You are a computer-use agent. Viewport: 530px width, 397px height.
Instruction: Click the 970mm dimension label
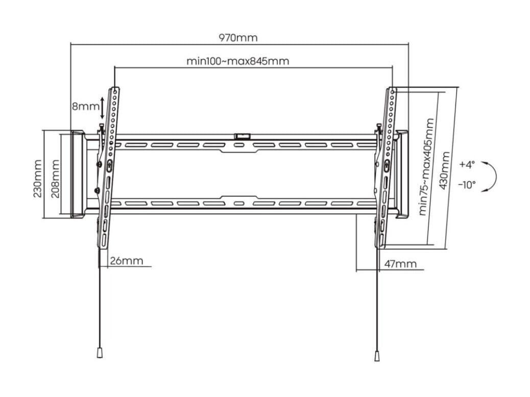click(238, 37)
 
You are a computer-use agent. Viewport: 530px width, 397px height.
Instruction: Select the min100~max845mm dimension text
click(238, 61)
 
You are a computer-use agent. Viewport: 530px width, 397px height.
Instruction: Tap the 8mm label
click(85, 107)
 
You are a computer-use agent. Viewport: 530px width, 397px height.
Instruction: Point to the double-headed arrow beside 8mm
click(103, 108)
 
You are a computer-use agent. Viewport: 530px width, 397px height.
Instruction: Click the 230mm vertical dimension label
click(37, 179)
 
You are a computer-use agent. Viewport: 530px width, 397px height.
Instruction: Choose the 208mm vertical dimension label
click(55, 179)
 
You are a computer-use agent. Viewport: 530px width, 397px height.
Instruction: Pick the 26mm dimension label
click(127, 261)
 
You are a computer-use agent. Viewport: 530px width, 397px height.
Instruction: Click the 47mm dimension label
click(400, 264)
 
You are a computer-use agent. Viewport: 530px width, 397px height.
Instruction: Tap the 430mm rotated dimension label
click(444, 170)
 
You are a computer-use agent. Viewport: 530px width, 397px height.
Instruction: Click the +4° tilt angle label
click(467, 164)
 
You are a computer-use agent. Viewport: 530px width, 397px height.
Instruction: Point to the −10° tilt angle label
click(467, 185)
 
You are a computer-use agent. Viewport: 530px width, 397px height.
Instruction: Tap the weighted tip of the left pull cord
click(100, 353)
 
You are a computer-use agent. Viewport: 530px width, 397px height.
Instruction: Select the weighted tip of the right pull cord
click(377, 357)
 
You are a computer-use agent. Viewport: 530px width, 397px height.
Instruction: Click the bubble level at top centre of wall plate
click(243, 136)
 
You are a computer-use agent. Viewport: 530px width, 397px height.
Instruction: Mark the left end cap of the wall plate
click(78, 175)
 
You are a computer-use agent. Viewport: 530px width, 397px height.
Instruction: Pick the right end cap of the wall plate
click(402, 175)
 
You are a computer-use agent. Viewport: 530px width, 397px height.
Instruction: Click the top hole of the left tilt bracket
click(115, 91)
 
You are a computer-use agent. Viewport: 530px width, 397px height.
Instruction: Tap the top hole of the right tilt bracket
click(392, 91)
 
